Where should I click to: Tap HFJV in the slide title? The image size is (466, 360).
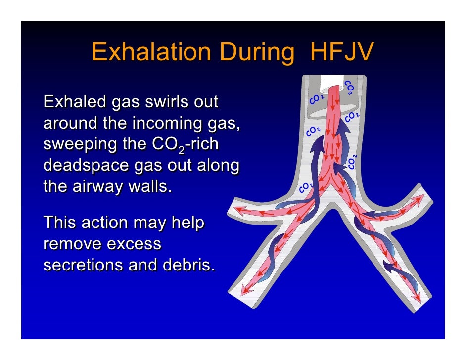[341, 52]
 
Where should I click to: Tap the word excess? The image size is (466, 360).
[137, 244]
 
